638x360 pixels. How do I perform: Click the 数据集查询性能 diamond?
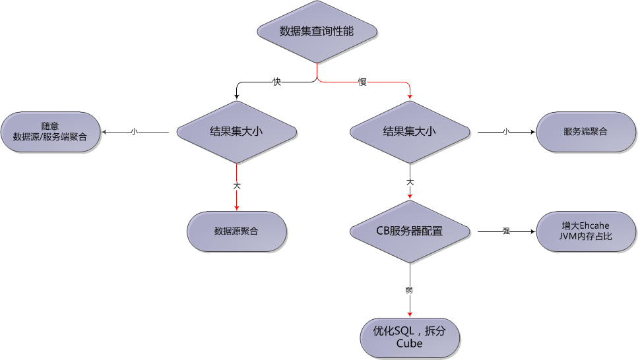click(x=317, y=31)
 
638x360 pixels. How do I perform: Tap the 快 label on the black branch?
click(x=277, y=82)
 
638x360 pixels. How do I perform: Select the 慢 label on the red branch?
click(x=362, y=82)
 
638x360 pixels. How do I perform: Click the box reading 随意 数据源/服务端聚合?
click(x=50, y=132)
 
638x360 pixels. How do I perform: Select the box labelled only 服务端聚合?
click(x=585, y=132)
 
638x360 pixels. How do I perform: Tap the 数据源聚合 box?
click(x=236, y=231)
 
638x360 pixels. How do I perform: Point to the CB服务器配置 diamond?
click(x=410, y=231)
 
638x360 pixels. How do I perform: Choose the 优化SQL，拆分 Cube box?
click(x=409, y=338)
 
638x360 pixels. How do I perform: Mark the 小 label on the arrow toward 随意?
click(x=133, y=132)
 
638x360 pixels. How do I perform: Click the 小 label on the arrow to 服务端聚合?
click(x=506, y=132)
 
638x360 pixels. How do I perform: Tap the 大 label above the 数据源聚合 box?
click(x=236, y=186)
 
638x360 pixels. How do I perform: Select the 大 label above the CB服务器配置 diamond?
click(x=410, y=181)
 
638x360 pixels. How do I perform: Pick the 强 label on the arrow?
click(x=506, y=231)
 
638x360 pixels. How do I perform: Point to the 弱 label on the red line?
click(x=410, y=289)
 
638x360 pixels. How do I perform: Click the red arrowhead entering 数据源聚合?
click(x=236, y=208)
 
